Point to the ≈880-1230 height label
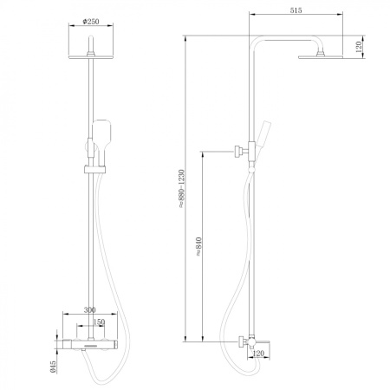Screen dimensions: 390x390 pos(179,192)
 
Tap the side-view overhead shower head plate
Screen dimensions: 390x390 pos(321,57)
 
